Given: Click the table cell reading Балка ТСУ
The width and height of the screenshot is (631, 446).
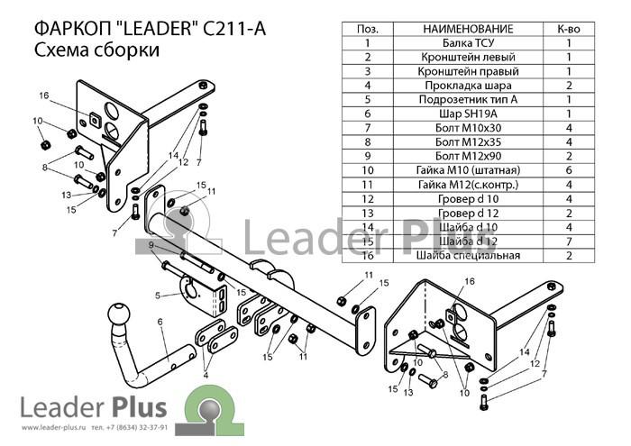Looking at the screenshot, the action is coord(468,43).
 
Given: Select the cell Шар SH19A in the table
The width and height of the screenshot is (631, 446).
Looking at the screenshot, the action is coord(468,114).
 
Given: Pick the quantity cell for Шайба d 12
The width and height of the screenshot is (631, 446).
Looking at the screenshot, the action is coord(569,241).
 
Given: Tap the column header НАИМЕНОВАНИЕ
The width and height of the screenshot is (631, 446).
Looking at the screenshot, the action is coord(468,29).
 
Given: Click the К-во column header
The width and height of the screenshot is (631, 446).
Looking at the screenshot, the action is coord(569,29).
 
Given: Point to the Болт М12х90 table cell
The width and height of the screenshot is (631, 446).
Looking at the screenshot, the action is coord(468,156).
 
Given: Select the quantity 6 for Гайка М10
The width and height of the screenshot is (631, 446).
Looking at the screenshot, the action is coord(569,170).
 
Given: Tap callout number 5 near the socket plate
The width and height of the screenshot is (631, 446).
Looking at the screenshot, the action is coord(158,296).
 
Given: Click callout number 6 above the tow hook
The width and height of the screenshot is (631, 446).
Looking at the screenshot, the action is coord(160,322).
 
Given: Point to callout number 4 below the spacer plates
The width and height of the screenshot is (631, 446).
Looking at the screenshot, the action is coord(206,376).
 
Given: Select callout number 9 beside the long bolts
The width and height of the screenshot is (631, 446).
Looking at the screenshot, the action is coord(151,245).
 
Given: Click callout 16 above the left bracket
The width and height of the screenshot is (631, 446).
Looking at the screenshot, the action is coord(44,96).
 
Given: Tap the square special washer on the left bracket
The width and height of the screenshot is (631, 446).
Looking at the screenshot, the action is coord(96,119).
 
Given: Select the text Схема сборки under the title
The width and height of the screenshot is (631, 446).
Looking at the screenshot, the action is coord(97,50).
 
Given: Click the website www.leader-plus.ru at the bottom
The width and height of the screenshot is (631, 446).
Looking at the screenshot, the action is coord(54,427).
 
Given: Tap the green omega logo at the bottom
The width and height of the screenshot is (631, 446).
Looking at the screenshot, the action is coord(209,410).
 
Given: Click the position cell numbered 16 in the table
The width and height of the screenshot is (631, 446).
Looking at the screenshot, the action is coord(368,255).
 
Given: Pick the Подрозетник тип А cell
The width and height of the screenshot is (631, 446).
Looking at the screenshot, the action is coord(468,100).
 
